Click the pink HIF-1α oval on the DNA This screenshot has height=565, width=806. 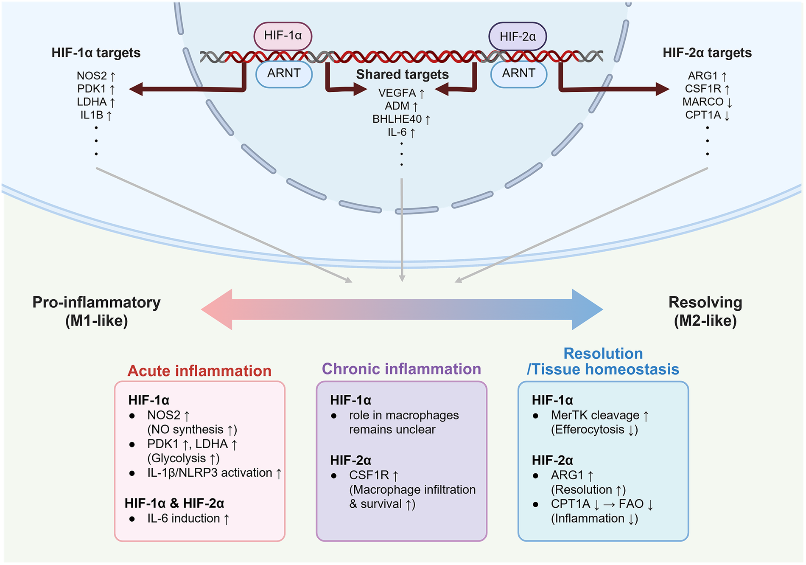(x=283, y=36)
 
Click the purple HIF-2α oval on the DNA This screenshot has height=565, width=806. (x=518, y=37)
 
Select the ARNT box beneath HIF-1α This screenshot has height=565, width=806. (x=284, y=73)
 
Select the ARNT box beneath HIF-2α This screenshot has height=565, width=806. (x=518, y=73)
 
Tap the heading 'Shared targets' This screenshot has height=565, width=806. (x=402, y=74)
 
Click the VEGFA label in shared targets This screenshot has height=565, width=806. (x=397, y=93)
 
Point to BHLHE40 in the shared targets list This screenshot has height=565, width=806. (x=397, y=119)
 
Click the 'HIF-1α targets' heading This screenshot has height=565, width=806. (x=96, y=53)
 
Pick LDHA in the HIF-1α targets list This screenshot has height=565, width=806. (x=92, y=102)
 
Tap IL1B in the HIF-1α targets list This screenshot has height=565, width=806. (x=92, y=115)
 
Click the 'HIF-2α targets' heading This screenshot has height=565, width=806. (x=707, y=53)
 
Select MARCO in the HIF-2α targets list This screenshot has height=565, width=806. (x=703, y=102)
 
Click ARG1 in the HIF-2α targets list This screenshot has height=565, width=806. (x=703, y=76)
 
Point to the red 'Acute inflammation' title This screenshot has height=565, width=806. (x=199, y=371)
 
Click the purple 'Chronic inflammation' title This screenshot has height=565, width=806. (x=401, y=369)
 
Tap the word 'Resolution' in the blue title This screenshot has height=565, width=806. (x=603, y=354)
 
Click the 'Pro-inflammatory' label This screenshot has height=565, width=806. (x=96, y=302)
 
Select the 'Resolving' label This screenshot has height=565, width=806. (x=705, y=302)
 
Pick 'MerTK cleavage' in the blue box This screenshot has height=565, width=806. (x=595, y=415)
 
